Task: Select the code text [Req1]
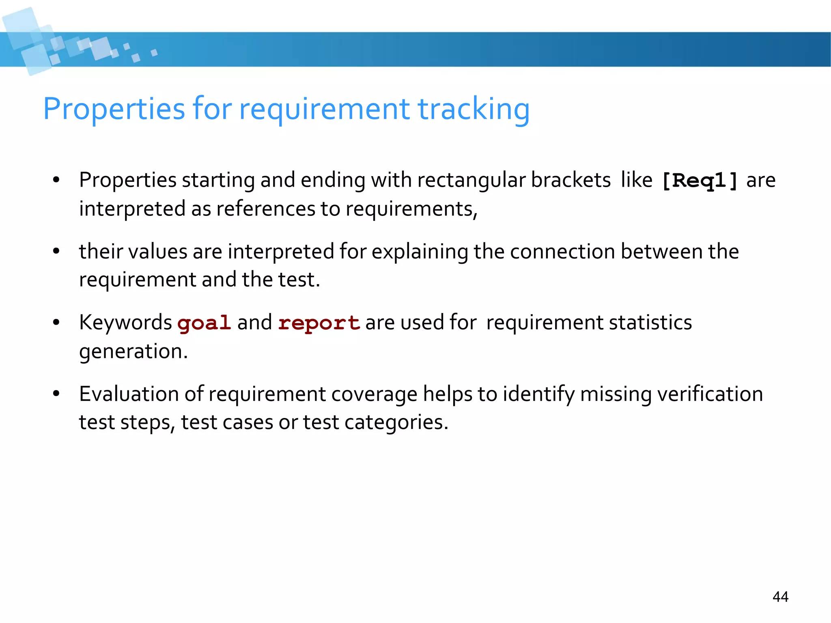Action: [700, 181]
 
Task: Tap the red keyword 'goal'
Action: [204, 323]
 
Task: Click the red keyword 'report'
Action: [319, 323]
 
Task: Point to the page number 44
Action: [780, 597]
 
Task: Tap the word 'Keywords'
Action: [125, 322]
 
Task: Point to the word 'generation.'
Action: [133, 351]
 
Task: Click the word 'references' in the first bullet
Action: [265, 209]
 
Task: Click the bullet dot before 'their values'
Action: [56, 251]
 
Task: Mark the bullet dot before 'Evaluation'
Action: [56, 394]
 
